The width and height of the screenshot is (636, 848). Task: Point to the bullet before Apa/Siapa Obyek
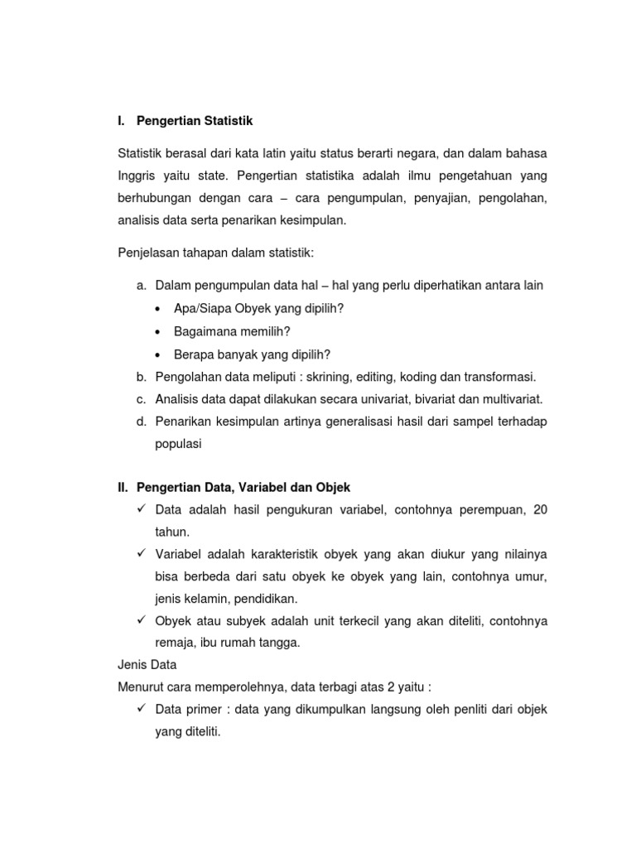[x=157, y=309]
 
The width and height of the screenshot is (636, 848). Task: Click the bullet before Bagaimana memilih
[x=157, y=332]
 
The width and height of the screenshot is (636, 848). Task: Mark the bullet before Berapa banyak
[x=157, y=355]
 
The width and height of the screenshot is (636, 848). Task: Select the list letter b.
[x=141, y=376]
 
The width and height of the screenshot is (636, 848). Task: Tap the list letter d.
[x=141, y=422]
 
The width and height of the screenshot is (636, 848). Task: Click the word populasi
[x=178, y=443]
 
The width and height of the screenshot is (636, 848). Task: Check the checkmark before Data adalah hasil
[x=142, y=509]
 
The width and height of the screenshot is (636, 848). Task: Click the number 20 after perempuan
[x=540, y=510]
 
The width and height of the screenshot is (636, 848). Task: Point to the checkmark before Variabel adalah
[x=142, y=553]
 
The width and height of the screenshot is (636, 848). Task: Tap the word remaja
[x=173, y=643]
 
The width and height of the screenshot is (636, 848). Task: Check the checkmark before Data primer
[x=142, y=709]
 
